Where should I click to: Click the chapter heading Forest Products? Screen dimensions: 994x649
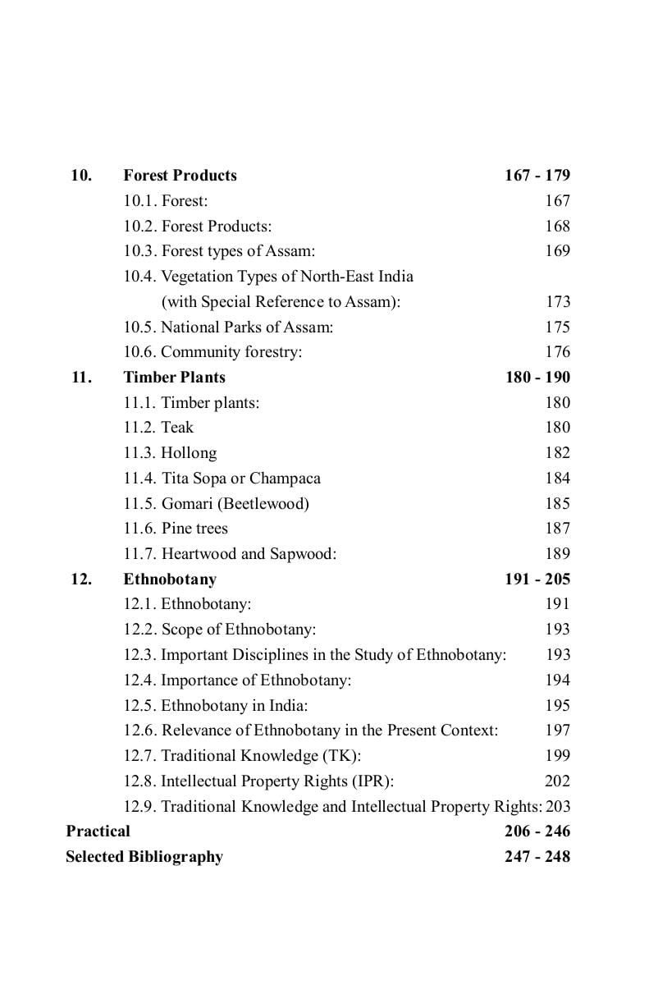click(x=180, y=176)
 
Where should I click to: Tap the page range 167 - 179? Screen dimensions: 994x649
click(x=537, y=176)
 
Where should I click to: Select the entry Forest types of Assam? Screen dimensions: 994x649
click(x=219, y=251)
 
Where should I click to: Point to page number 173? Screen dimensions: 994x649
click(x=557, y=302)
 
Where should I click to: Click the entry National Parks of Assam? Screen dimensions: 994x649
click(x=228, y=328)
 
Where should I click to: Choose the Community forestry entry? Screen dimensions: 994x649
click(x=213, y=352)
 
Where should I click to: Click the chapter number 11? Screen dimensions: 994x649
click(x=80, y=378)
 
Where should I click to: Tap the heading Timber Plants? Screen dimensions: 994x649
click(x=174, y=378)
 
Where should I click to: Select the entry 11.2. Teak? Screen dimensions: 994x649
click(x=158, y=428)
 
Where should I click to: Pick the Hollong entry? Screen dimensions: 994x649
click(x=170, y=453)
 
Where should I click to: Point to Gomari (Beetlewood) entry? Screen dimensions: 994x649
click(x=216, y=504)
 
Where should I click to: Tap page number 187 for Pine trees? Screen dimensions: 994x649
click(x=557, y=529)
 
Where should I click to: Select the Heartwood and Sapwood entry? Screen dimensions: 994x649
click(x=230, y=554)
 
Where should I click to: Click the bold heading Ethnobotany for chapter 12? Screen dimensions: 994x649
click(x=170, y=579)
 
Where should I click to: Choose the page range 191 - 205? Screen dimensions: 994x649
click(x=537, y=579)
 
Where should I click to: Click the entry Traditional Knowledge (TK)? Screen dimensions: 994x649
click(x=242, y=756)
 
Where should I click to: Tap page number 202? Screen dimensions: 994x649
click(x=557, y=781)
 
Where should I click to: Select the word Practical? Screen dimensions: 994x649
click(x=98, y=831)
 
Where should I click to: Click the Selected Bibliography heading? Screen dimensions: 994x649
click(x=144, y=857)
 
